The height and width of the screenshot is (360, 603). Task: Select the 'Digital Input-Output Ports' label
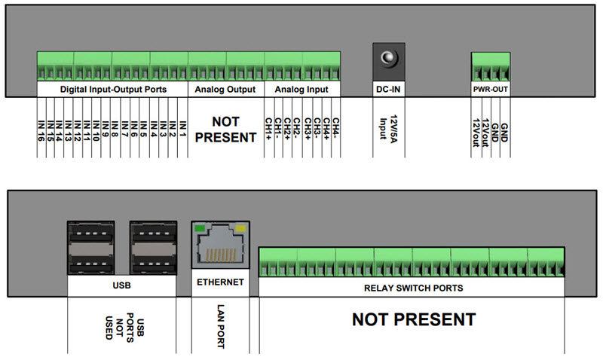(113, 89)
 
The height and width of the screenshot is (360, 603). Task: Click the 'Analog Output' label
(225, 89)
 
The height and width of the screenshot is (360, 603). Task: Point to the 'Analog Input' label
(301, 89)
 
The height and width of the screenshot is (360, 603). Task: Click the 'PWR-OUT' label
(490, 89)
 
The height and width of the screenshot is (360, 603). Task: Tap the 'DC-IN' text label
(389, 89)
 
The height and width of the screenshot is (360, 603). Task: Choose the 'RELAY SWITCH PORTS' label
(412, 288)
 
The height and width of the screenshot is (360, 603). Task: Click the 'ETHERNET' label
(220, 282)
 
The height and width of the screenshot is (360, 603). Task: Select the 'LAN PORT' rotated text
(221, 325)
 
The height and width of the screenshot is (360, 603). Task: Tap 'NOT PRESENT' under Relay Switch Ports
(414, 320)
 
